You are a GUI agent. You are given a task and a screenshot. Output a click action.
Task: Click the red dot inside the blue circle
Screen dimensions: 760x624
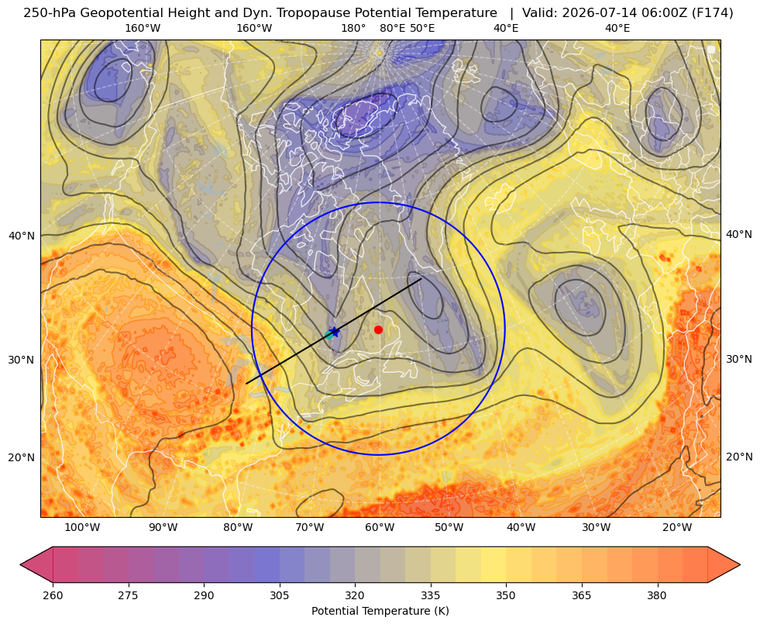(379, 329)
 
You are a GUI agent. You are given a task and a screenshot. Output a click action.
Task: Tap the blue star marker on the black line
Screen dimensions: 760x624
(334, 333)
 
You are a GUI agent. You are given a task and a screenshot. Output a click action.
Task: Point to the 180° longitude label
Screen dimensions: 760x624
(353, 28)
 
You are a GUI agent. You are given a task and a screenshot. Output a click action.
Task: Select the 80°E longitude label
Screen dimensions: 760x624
(392, 28)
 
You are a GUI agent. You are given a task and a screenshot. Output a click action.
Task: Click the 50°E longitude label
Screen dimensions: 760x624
(422, 28)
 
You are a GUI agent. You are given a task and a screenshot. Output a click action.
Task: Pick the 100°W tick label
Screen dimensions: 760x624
(82, 527)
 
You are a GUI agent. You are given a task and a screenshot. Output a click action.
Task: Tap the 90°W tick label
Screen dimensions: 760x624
(163, 527)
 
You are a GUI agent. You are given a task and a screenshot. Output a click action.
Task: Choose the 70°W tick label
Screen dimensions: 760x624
(309, 527)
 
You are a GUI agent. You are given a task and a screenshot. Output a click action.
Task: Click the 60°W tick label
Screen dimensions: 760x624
(380, 527)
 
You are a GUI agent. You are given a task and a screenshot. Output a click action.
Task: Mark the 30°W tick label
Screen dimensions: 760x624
(597, 527)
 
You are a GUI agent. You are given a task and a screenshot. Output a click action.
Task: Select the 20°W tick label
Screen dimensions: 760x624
(677, 527)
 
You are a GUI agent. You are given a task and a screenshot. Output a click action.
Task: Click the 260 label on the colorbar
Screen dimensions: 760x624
(53, 595)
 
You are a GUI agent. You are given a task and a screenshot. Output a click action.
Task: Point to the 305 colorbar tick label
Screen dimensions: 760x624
(279, 595)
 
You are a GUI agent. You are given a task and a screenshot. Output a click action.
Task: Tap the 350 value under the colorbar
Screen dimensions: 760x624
(506, 595)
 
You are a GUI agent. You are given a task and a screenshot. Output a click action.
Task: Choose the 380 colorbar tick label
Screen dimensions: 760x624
(657, 595)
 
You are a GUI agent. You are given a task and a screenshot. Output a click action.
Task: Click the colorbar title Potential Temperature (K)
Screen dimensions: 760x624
(380, 611)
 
